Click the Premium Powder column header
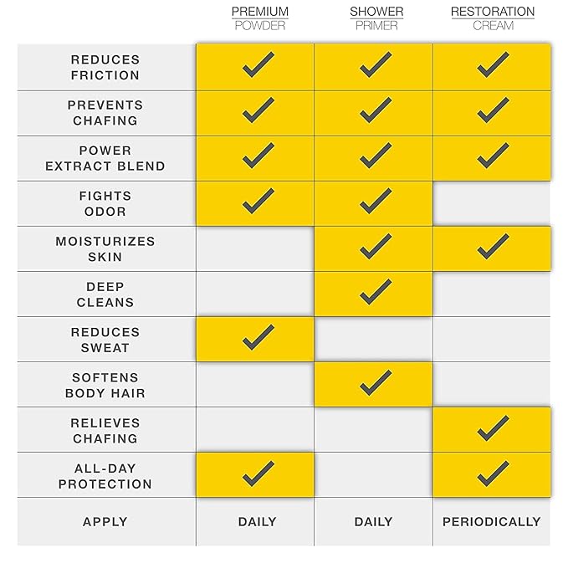259,18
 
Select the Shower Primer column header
376,18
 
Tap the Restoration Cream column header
493,18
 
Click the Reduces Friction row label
105,68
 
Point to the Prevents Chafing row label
105,113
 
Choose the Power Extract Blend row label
105,158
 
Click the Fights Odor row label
105,203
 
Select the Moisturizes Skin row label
105,248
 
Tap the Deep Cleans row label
105,294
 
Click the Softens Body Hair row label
105,385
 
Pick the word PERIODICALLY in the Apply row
492,521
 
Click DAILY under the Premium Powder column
257,521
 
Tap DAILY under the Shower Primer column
373,521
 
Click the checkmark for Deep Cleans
376,292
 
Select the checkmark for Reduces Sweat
258,337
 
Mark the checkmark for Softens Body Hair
376,382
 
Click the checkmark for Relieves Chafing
493,428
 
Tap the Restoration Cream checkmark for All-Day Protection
493,473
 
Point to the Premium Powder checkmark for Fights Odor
258,201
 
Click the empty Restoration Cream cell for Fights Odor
492,203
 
